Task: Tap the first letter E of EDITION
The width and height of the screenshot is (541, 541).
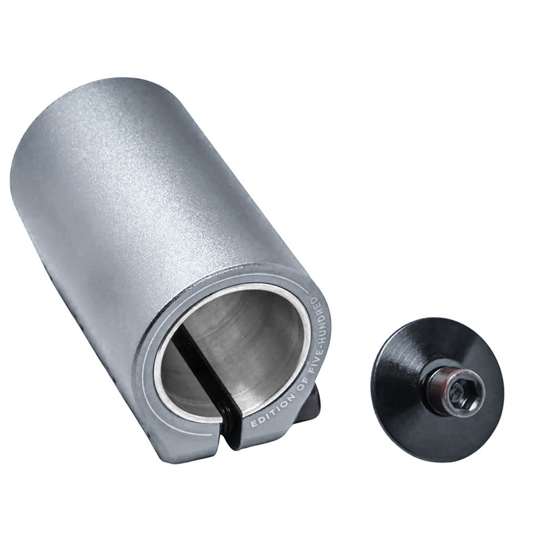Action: pyautogui.click(x=254, y=424)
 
